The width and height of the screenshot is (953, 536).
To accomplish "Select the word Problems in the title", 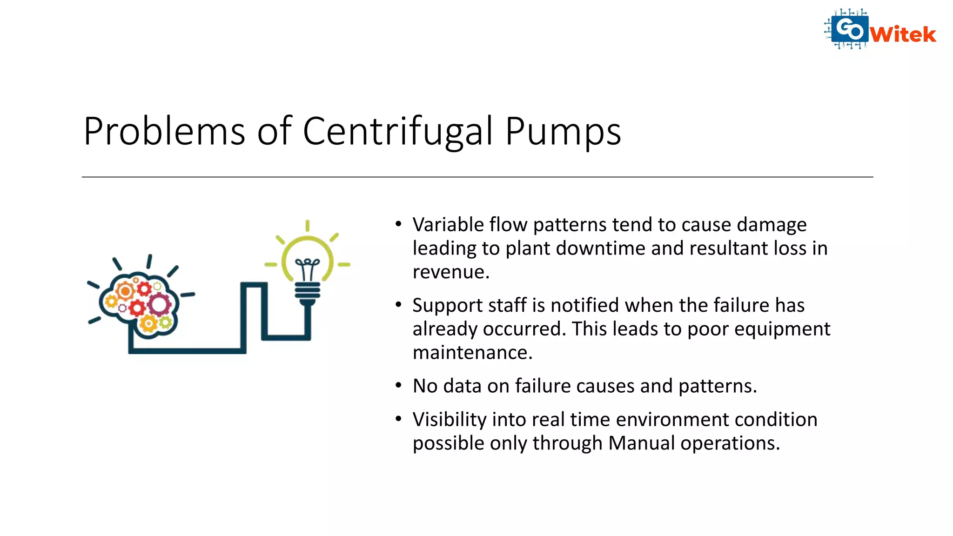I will click(x=164, y=132).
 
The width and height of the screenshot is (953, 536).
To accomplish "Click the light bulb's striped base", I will click(x=307, y=292).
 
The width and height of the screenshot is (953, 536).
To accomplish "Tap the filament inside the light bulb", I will click(x=307, y=268).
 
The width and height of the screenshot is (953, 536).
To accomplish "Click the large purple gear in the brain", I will click(x=160, y=305).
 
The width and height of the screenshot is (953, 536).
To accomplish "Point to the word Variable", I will click(x=448, y=225).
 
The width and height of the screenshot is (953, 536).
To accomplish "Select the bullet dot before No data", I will click(x=398, y=385).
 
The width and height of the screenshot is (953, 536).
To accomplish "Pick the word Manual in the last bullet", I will click(x=641, y=443).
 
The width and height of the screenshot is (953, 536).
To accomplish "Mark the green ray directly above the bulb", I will click(x=307, y=226).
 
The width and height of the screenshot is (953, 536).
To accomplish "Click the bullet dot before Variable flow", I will click(x=398, y=224).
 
